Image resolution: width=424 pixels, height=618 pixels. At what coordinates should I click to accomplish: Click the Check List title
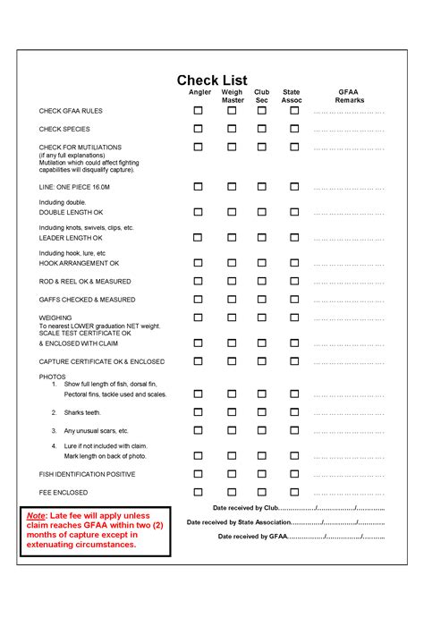[212, 80]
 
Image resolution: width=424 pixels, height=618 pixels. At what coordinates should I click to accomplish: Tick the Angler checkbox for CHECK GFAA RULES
[199, 111]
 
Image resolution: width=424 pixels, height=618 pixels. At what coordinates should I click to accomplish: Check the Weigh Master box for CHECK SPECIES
[232, 129]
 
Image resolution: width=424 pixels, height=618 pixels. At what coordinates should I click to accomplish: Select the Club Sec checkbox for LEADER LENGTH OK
[262, 238]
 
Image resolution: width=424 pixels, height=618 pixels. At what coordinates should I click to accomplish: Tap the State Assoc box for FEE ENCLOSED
[294, 492]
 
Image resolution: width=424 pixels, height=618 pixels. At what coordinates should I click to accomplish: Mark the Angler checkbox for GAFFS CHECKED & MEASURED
[199, 300]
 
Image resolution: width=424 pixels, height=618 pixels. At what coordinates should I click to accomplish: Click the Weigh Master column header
[233, 96]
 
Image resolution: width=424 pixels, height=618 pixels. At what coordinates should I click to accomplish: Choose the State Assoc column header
[292, 96]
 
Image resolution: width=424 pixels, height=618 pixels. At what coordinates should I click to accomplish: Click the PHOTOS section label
[52, 377]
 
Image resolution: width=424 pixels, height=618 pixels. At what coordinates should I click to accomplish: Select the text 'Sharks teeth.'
[82, 412]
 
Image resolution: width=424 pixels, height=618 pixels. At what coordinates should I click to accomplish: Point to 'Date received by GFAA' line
[301, 537]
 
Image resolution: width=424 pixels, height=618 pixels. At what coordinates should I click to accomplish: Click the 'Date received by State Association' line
[284, 522]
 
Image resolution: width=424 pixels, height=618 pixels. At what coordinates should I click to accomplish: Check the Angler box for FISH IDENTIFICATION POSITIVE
[199, 474]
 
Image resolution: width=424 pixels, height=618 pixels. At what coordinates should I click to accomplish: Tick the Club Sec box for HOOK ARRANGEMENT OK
[262, 264]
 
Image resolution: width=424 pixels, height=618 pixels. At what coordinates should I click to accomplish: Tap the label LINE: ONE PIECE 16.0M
[74, 187]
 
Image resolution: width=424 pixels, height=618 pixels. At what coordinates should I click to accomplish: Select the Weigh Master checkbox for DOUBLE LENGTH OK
[232, 212]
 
